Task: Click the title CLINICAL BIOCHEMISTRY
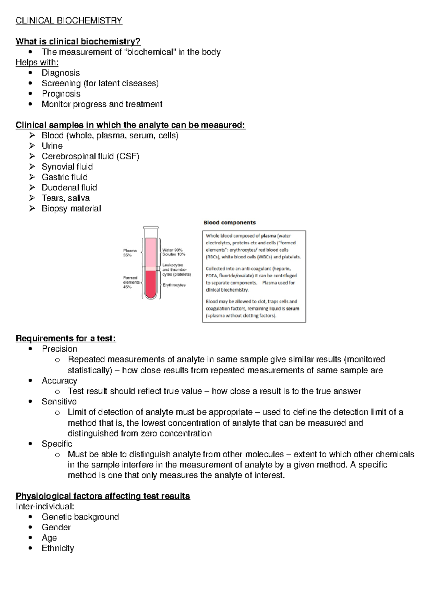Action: [69, 20]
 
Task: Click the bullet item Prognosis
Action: [61, 94]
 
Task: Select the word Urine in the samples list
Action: [52, 146]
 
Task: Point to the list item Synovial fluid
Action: [67, 167]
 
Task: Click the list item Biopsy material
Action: [71, 208]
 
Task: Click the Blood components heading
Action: [230, 222]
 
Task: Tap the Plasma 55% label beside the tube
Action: [130, 253]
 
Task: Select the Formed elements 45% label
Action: [131, 282]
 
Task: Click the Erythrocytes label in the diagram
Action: [174, 285]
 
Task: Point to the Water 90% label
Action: [172, 250]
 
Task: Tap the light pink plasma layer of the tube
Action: [151, 251]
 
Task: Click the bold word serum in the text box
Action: [292, 309]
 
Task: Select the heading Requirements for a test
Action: [66, 338]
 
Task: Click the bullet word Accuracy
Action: [59, 380]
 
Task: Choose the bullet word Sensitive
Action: [59, 401]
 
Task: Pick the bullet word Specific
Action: [57, 444]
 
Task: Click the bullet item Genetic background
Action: [80, 517]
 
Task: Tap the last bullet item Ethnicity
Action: [58, 548]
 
